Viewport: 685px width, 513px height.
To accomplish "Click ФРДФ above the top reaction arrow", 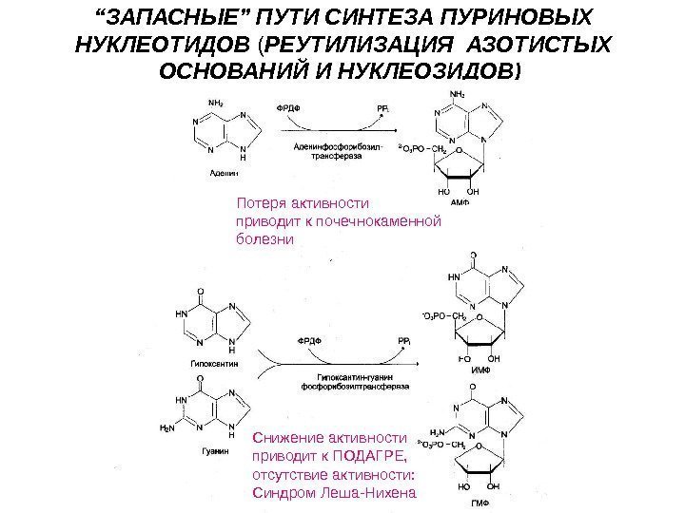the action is point(287,108).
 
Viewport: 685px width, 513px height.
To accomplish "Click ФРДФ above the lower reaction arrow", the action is point(309,340).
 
